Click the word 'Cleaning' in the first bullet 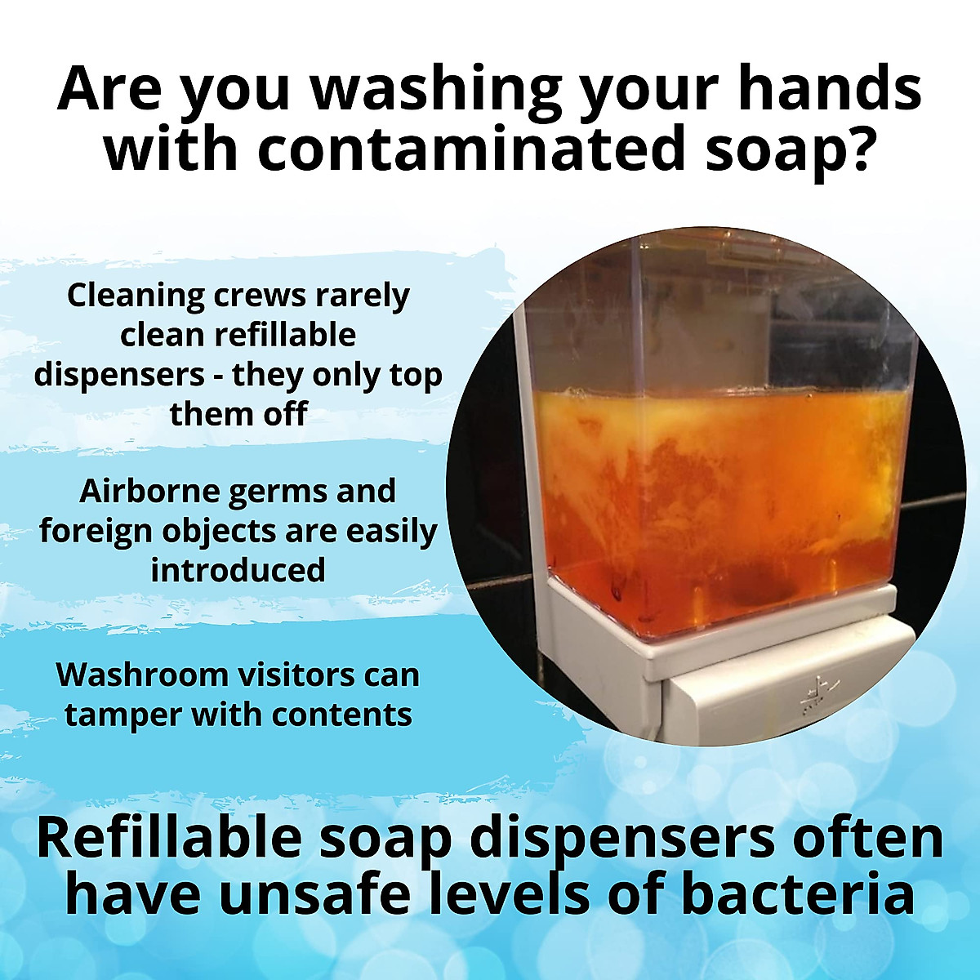coord(135,295)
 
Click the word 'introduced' coord(238,570)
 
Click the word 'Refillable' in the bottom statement coord(167,840)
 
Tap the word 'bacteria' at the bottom coord(796,894)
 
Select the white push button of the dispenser coord(784,702)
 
